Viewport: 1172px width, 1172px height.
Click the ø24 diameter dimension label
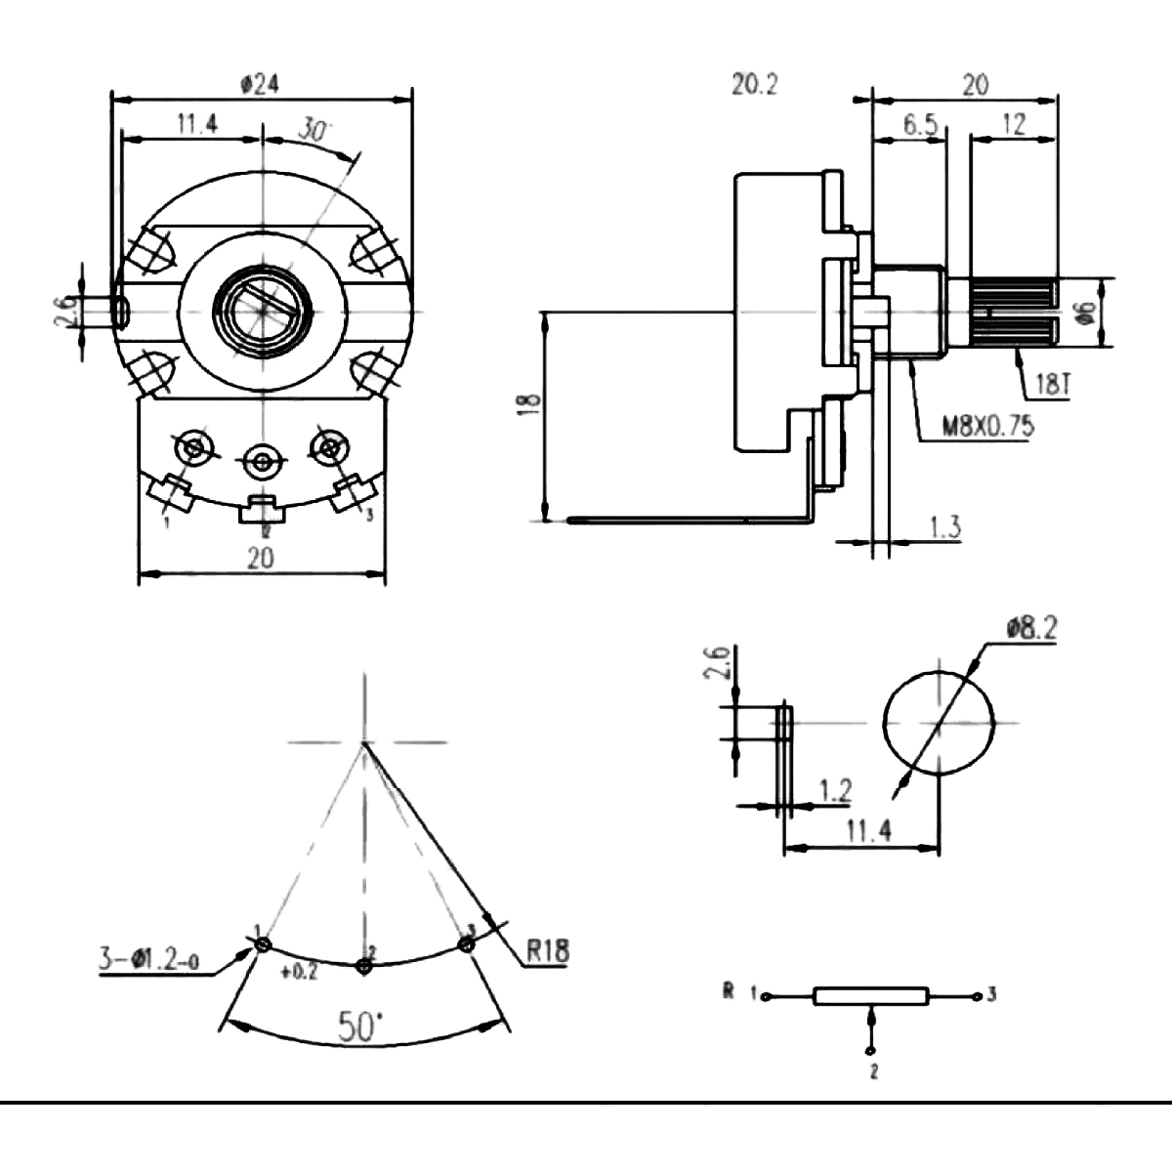click(x=259, y=85)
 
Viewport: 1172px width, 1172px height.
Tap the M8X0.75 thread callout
click(x=986, y=426)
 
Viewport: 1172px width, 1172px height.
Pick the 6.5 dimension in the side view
click(x=909, y=124)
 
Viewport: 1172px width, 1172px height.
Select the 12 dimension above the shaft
click(x=1014, y=124)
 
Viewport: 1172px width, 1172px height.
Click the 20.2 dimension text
click(x=755, y=85)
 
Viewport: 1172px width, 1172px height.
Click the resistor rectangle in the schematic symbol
click(x=869, y=996)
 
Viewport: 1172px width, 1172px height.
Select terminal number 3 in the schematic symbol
click(x=991, y=995)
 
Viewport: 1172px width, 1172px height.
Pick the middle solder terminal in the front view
click(x=262, y=458)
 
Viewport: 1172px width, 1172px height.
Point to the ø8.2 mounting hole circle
click(x=939, y=723)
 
